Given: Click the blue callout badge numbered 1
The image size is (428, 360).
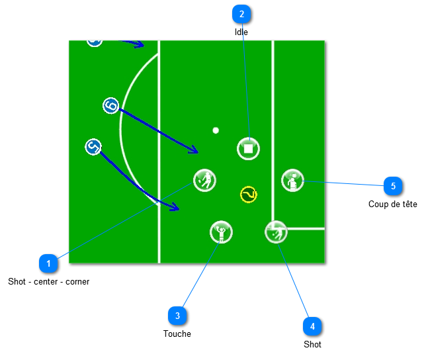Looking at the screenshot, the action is (x=48, y=263).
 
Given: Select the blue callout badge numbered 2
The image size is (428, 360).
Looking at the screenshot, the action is (x=241, y=14).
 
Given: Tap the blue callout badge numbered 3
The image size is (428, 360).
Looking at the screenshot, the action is (x=177, y=316).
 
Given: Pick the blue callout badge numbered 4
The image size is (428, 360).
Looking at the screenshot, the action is (x=312, y=326).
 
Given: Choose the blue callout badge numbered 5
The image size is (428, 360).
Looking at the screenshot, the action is (x=393, y=186).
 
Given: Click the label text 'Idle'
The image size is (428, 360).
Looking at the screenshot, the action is (x=241, y=32).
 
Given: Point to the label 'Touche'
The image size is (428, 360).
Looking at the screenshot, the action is (x=177, y=334).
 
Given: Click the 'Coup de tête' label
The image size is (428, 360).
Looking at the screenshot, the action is (x=393, y=204).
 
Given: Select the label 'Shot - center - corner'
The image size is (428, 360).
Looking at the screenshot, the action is (x=48, y=281).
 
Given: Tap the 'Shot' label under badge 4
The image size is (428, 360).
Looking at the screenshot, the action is (x=312, y=344).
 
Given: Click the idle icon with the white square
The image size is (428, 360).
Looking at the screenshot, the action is (x=248, y=149).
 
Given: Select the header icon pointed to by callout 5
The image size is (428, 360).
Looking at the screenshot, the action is (x=292, y=180).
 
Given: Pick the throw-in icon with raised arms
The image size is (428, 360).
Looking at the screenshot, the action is (x=221, y=232).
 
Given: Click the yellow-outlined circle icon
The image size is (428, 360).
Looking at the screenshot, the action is (x=248, y=195).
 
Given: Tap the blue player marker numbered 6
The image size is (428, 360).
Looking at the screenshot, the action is (x=111, y=105).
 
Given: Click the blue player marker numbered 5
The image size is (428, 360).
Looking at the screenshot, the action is (x=93, y=147).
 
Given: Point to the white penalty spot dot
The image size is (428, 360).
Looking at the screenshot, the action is (x=216, y=130).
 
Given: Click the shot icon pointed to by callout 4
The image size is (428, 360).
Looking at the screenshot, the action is (x=276, y=232).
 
